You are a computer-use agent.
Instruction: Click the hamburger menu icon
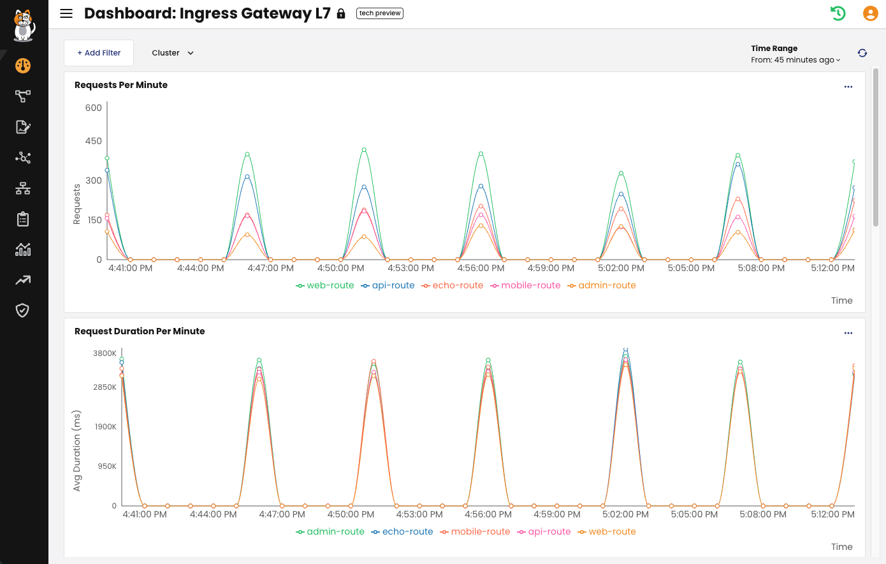pos(66,13)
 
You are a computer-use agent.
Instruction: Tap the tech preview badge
pos(380,13)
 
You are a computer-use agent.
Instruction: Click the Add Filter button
pos(99,53)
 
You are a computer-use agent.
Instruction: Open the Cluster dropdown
pos(173,53)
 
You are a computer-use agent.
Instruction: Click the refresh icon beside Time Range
pos(862,53)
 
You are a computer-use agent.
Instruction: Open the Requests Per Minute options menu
pos(848,87)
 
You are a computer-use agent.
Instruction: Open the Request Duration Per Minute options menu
pos(848,333)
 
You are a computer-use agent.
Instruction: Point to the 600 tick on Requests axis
pos(94,108)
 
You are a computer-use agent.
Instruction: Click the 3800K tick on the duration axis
pos(105,353)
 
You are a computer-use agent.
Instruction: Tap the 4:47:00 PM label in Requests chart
pos(271,269)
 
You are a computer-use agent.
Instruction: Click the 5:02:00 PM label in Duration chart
pos(625,515)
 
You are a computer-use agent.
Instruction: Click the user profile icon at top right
pos(870,13)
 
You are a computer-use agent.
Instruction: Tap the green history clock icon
pos(838,13)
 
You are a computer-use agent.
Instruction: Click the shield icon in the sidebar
pos(23,311)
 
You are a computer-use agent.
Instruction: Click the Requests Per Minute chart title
pos(121,85)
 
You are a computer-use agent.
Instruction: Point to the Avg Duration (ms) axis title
pos(77,450)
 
